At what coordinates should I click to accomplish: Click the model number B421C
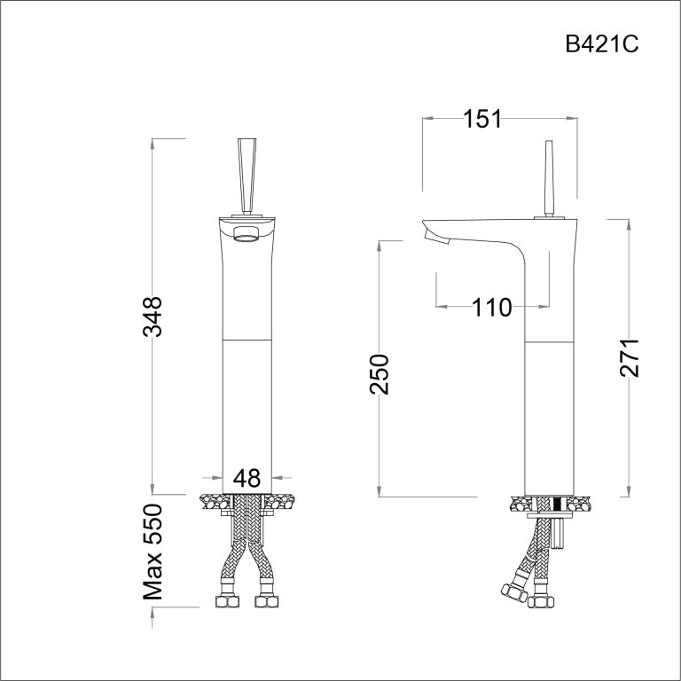pos(600,45)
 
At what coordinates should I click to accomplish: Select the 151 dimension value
pos(483,119)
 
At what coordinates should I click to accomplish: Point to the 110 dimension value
pos(492,308)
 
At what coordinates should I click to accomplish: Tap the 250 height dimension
pos(380,374)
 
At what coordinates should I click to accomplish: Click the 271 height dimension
pos(629,357)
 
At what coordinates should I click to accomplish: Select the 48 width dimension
pos(247,479)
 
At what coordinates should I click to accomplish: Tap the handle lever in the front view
pos(247,173)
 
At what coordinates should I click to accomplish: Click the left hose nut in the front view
pos(228,602)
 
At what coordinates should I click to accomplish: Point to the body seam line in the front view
pos(247,339)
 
